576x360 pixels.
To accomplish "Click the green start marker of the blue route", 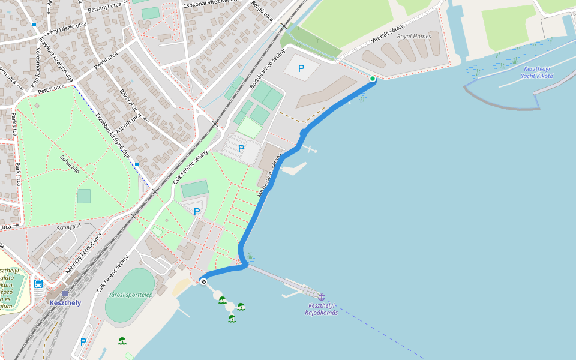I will [373, 79].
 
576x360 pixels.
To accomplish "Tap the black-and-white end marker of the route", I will [204, 281].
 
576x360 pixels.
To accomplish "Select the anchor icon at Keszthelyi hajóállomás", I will [321, 297].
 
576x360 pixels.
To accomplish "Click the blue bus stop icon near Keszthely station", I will [38, 284].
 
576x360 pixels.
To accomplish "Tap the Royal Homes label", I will [414, 36].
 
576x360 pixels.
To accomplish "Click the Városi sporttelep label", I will [130, 295].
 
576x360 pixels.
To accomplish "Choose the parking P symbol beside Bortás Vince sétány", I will [301, 68].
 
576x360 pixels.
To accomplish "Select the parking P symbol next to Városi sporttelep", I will [83, 342].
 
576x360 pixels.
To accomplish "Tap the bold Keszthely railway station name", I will [65, 303].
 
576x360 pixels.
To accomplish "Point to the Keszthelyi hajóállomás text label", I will [321, 309].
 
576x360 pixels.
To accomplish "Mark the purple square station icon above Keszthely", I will [65, 293].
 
